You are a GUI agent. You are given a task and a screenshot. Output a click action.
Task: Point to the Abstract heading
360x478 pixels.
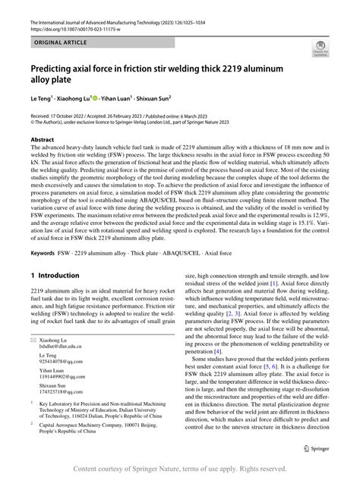click(x=42, y=141)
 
